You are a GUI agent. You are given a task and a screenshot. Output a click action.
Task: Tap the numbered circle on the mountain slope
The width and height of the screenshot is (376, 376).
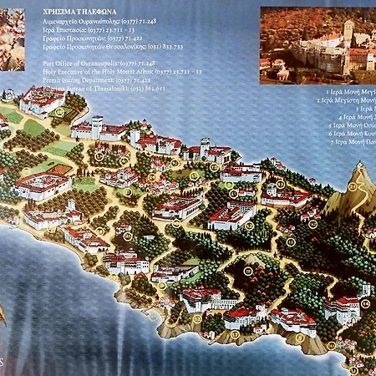point(352,187)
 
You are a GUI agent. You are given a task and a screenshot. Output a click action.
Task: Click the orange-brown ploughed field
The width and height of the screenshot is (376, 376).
point(58,170)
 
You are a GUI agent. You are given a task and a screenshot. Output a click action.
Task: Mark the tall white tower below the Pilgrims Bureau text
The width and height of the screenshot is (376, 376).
point(98,126)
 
